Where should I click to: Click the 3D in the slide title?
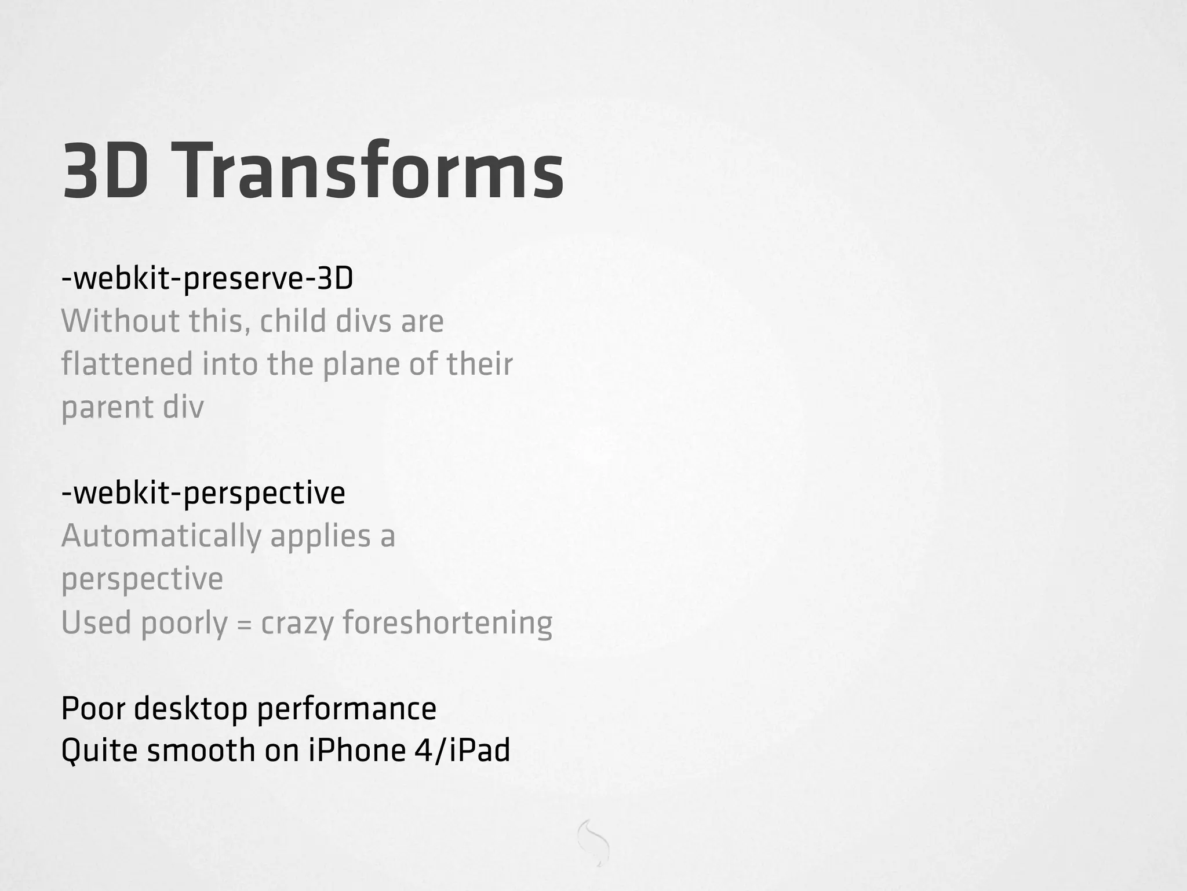[105, 172]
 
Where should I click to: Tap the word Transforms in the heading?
[366, 171]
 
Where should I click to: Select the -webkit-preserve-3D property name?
[207, 279]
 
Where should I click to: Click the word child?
[293, 321]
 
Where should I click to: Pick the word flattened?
[126, 364]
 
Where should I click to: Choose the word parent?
[107, 408]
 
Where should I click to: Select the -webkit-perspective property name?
[203, 494]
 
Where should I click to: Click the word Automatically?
[161, 537]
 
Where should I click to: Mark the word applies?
[320, 537]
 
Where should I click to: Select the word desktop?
[190, 709]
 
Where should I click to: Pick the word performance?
[346, 709]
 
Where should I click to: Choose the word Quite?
[99, 751]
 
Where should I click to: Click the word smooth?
[201, 751]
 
